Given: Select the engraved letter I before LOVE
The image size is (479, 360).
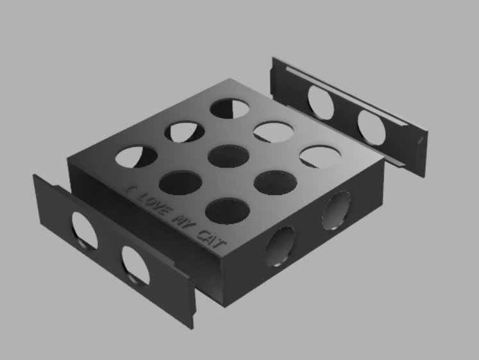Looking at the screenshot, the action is tap(130, 189).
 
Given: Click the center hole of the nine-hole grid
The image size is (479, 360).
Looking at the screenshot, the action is tap(228, 156).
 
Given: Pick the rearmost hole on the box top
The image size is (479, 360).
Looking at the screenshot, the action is tap(230, 108).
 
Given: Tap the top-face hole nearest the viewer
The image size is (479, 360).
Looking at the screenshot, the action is tap(228, 211).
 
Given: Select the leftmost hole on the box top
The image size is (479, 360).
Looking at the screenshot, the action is tap(137, 157).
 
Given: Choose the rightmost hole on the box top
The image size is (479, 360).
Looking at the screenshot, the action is tap(320, 157).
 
